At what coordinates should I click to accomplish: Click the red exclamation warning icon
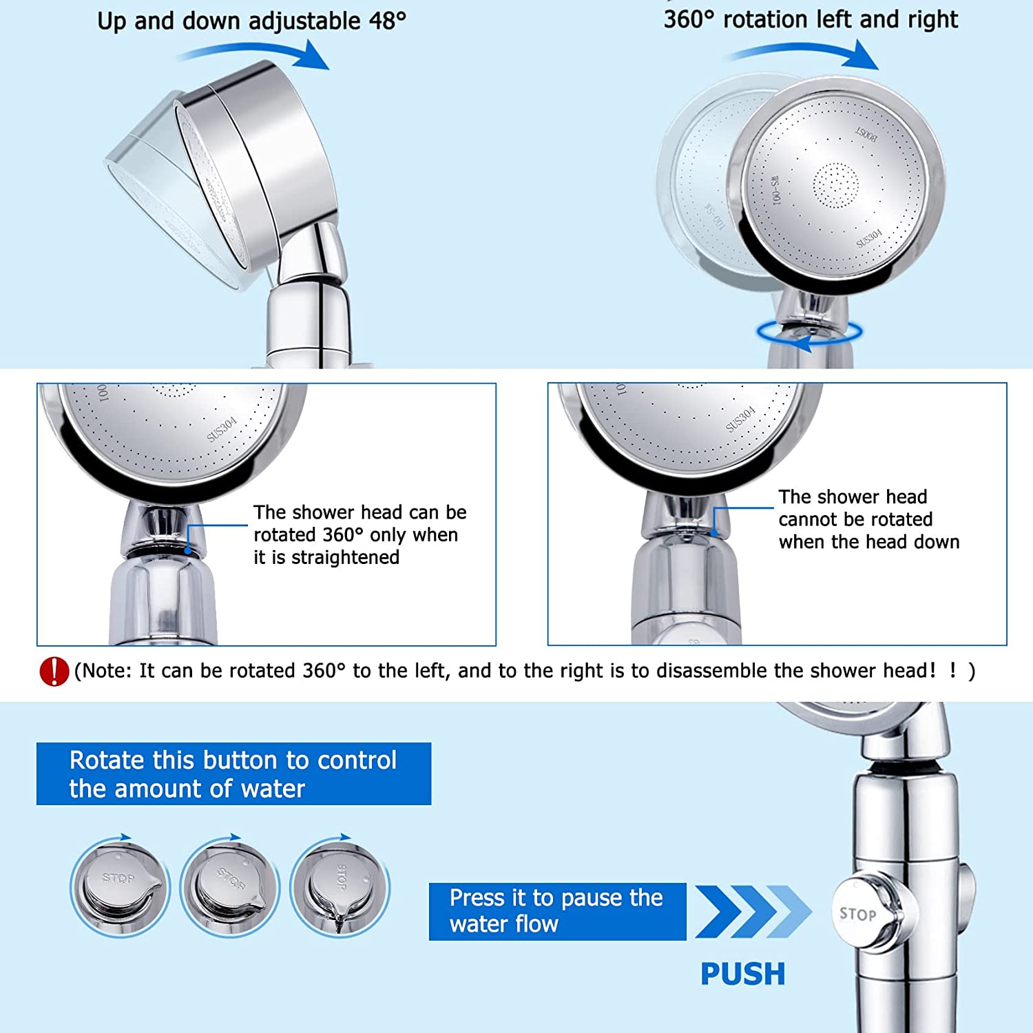[54, 671]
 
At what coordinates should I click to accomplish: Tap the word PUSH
[742, 974]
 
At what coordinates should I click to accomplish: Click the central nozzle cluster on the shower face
[835, 185]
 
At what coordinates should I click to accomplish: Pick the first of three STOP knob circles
[120, 888]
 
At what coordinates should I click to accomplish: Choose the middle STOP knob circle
[229, 888]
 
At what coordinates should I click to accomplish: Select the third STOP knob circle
[340, 888]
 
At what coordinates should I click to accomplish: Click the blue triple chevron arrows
[753, 912]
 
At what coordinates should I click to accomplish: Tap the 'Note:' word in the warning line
[105, 671]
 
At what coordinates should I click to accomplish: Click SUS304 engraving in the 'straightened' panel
[222, 429]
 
